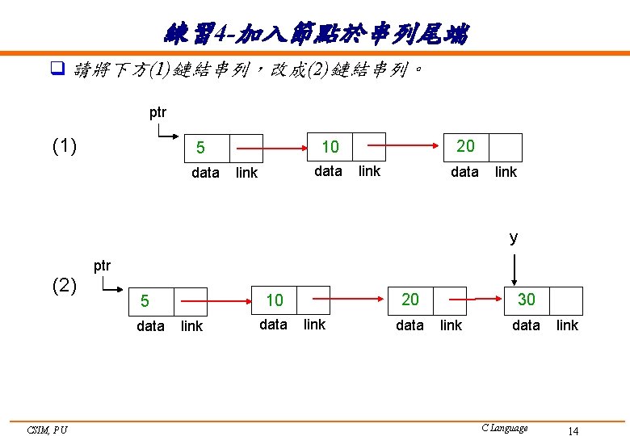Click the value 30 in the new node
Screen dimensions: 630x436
526,300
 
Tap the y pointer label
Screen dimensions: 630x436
514,237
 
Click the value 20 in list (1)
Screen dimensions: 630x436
465,146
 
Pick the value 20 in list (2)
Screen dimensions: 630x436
410,300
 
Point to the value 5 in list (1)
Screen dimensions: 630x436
200,149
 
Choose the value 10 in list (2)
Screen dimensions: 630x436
275,300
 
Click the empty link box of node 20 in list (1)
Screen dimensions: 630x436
506,148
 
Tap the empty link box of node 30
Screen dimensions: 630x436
565,300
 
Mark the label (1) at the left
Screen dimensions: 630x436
65,146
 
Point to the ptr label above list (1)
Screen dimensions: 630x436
158,113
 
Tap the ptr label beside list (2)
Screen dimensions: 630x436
102,266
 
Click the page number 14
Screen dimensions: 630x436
573,431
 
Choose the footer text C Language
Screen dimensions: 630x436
504,428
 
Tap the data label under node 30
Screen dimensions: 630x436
526,325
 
